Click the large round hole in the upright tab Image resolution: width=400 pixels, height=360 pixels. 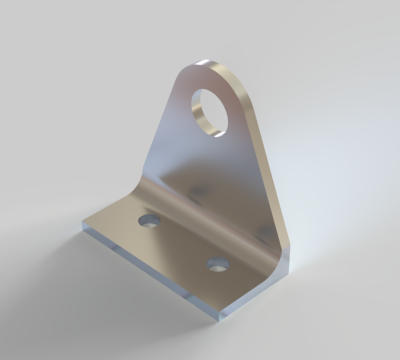click(210, 111)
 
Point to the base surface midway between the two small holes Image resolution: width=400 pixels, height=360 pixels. click(183, 242)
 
